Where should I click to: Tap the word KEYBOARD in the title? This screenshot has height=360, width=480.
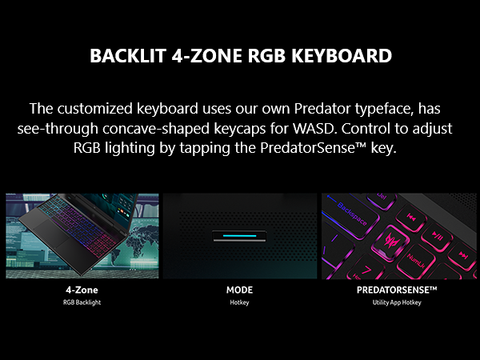(342, 56)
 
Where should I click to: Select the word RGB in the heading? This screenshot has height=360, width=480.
(266, 56)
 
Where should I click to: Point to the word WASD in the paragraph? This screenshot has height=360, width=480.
(313, 129)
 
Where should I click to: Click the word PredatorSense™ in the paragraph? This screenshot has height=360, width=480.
(313, 148)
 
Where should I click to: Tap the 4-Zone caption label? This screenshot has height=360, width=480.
(82, 290)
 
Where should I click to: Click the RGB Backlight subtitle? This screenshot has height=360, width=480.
(82, 302)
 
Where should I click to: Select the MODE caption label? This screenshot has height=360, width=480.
(239, 290)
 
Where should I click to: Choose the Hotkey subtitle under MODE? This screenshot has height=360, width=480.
(239, 302)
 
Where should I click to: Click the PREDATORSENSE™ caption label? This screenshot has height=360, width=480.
(397, 290)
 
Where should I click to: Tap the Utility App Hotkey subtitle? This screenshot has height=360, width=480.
(397, 302)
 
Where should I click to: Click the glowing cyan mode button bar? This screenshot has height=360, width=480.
(239, 236)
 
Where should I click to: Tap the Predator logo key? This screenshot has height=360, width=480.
(390, 242)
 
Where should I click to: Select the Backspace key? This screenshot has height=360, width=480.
(352, 214)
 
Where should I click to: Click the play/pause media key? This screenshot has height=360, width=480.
(437, 236)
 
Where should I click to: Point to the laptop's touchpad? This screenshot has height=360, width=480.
(51, 231)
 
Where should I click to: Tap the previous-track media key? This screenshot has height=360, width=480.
(411, 218)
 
